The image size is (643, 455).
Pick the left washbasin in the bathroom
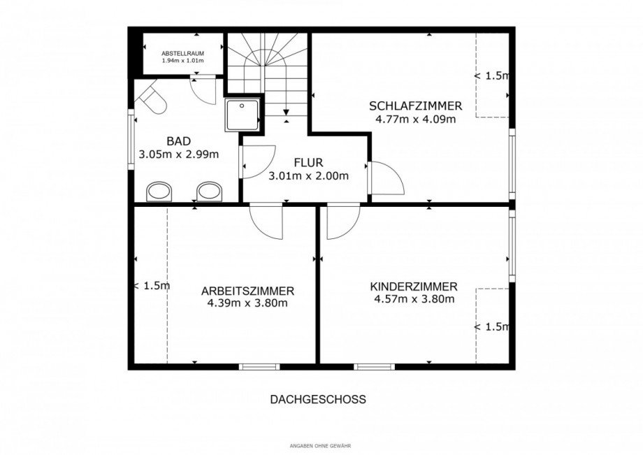160,192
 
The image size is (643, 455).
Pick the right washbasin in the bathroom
209,192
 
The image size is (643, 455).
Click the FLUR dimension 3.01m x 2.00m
308,176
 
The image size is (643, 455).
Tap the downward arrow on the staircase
286,112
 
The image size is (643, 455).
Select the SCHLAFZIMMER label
415,106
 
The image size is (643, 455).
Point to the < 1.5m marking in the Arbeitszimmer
152,286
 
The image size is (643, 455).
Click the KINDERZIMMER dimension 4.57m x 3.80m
414,299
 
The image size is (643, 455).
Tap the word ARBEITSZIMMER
247,291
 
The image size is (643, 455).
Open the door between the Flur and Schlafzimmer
385,178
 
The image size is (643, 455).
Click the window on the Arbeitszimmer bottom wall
259,366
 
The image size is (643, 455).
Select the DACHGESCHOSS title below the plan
318,400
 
